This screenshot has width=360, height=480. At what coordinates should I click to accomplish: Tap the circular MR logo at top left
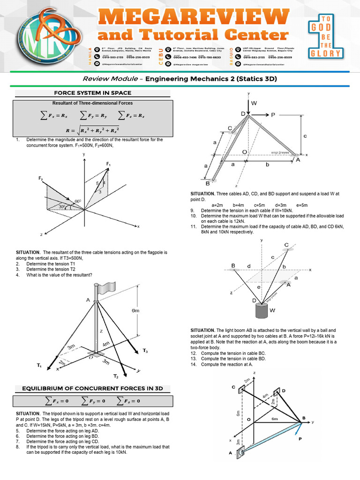(45, 35)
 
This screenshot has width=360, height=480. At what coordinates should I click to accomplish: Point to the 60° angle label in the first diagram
(78, 201)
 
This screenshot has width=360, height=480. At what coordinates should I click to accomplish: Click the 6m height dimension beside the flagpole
(136, 310)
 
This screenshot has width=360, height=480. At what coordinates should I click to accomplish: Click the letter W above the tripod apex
(254, 103)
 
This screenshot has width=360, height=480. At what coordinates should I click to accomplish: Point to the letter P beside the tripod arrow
(273, 114)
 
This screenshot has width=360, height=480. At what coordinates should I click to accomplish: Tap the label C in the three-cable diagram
(286, 245)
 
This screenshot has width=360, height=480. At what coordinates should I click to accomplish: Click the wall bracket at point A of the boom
(240, 453)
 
